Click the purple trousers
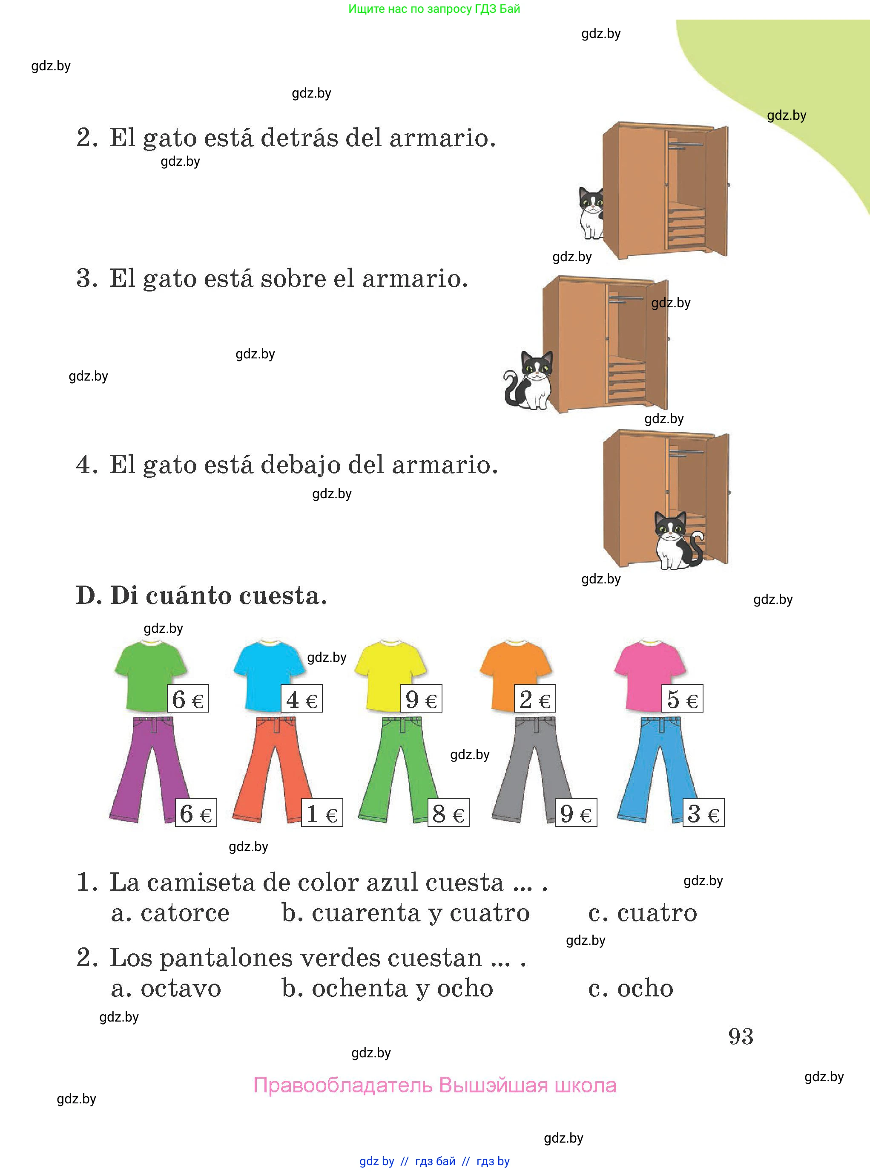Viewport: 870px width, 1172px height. [x=150, y=769]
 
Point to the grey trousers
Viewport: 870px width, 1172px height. [x=532, y=769]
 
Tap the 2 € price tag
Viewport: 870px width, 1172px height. [x=535, y=699]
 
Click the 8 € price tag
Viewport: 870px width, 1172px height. [x=448, y=813]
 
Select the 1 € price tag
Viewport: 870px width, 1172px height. [x=322, y=813]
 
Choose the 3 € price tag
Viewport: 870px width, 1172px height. [x=703, y=813]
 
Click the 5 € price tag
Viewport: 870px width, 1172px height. [x=683, y=699]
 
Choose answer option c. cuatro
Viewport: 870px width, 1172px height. [x=643, y=913]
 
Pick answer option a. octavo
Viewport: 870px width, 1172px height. [x=166, y=989]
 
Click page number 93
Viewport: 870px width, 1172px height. [x=741, y=1036]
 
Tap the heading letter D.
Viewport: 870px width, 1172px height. [x=89, y=595]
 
